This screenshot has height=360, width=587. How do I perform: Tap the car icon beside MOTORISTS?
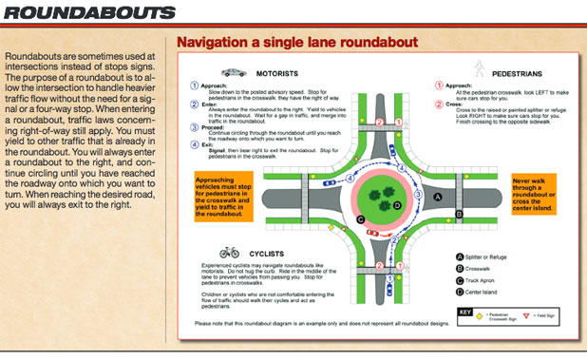(232, 72)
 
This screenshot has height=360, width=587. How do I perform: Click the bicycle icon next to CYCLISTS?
(229, 254)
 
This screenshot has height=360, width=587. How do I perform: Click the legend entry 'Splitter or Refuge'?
(492, 256)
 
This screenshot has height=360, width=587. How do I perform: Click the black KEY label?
(465, 311)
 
